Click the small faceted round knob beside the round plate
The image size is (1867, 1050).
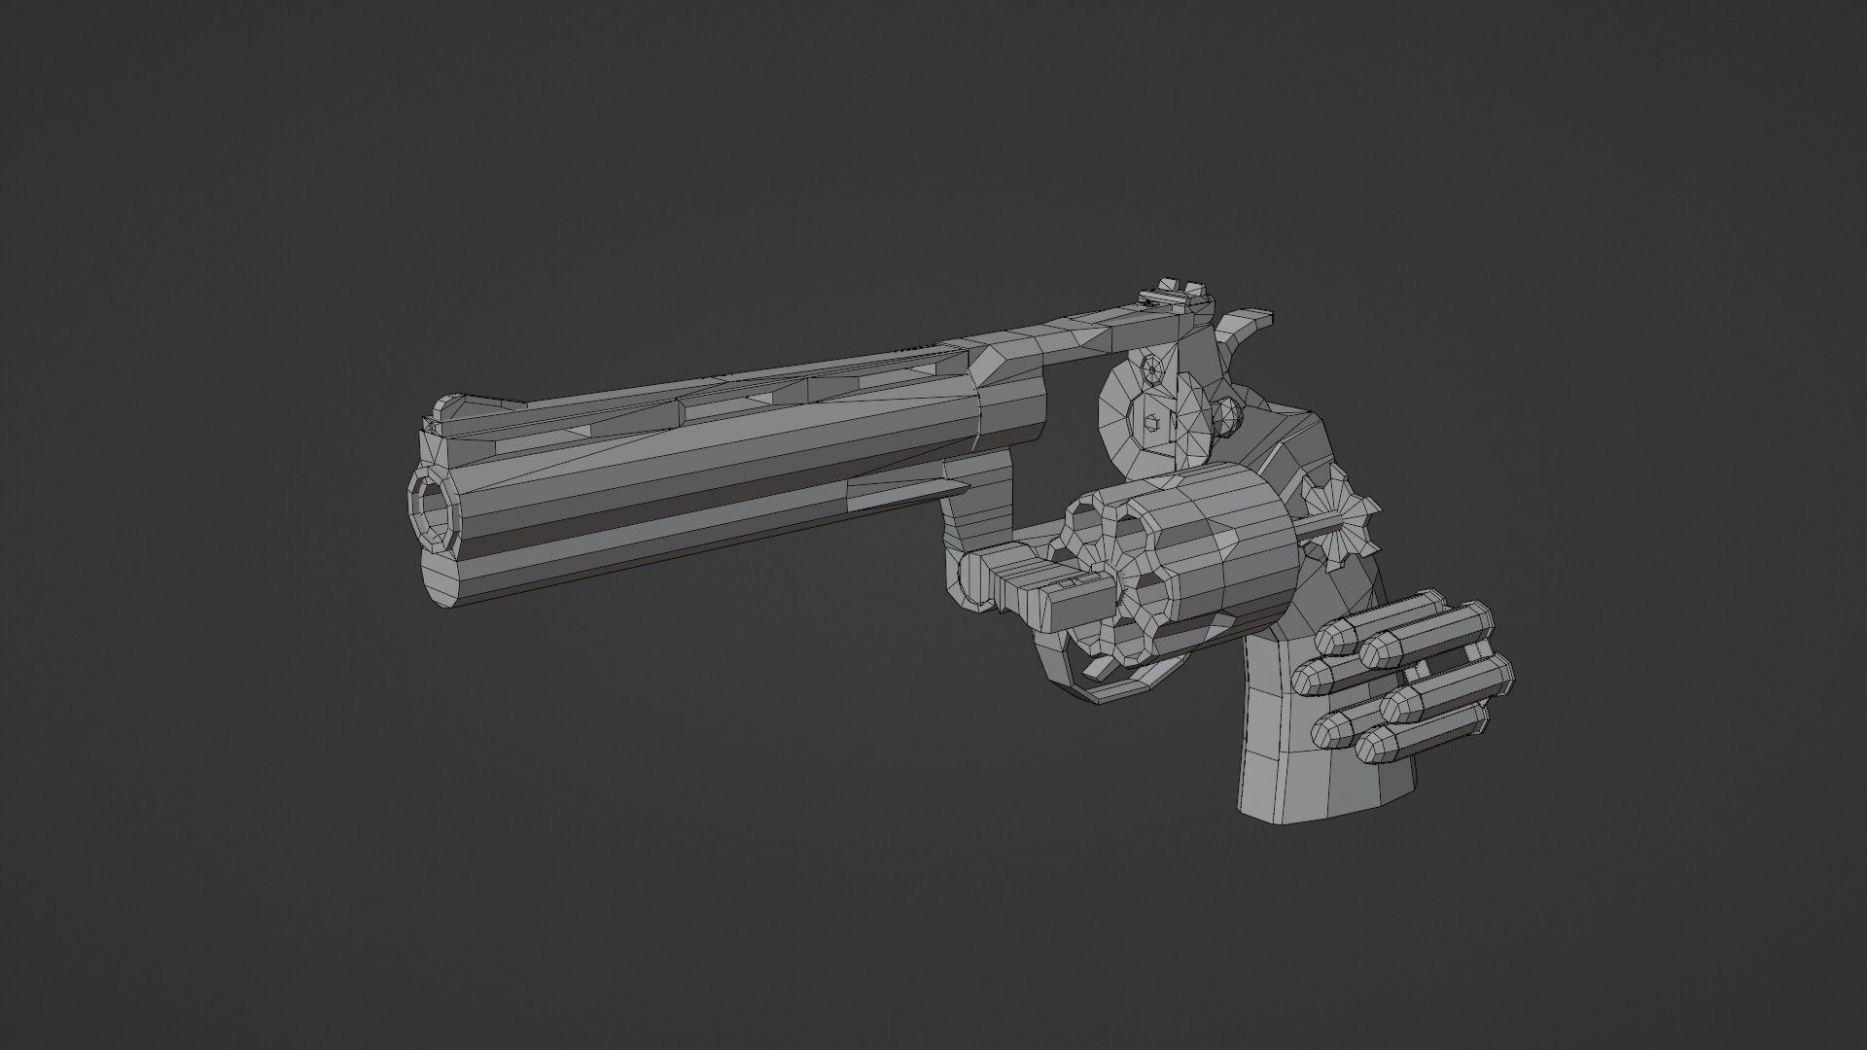[x=1229, y=416]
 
